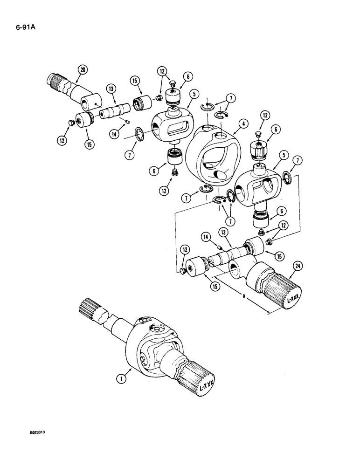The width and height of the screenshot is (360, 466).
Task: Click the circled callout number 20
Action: pyautogui.click(x=83, y=70)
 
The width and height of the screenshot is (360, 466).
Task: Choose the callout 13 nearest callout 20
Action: pyautogui.click(x=110, y=88)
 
